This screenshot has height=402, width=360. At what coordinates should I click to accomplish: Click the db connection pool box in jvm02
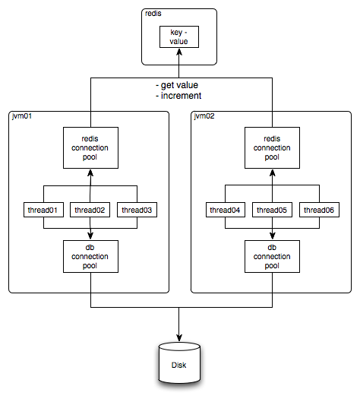(271, 255)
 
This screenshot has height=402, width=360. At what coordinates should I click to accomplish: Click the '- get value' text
(178, 86)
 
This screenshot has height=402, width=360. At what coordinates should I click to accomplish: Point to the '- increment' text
(178, 97)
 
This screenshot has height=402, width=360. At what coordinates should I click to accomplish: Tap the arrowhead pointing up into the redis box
(180, 69)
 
